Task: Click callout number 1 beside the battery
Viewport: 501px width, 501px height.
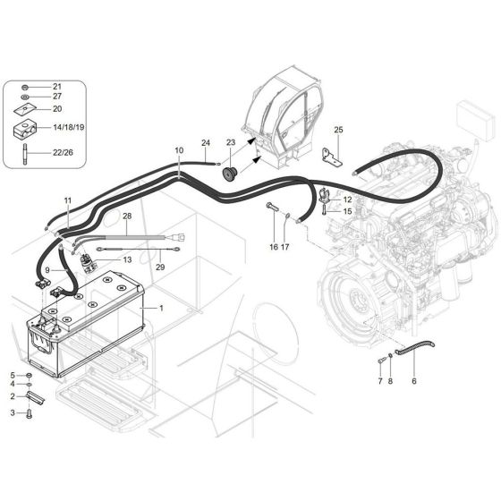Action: pos(161,308)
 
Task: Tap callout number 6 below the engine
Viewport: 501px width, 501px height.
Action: pos(414,381)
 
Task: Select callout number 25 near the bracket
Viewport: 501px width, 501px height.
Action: pos(338,131)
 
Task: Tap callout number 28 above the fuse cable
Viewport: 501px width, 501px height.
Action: pos(127,217)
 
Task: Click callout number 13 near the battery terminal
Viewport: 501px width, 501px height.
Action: pos(126,259)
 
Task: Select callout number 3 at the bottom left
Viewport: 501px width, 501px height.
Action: pos(13,412)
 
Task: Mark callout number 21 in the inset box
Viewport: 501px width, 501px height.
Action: pos(56,86)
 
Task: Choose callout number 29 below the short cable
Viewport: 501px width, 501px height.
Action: pos(160,267)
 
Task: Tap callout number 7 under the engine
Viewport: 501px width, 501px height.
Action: pos(379,381)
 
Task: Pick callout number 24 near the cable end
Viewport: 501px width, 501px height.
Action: pos(205,143)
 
